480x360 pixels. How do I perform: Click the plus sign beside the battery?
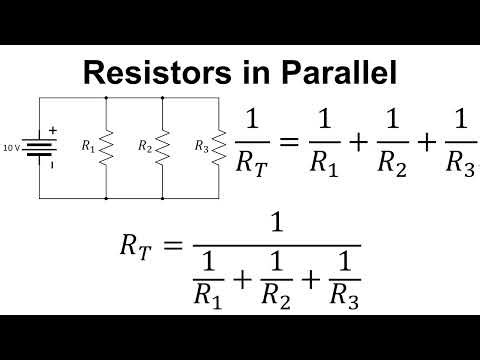pos(54,131)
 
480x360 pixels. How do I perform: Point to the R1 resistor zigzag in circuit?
pos(106,147)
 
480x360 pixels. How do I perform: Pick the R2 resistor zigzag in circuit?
pos(163,147)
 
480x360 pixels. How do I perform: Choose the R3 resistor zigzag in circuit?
pos(219,147)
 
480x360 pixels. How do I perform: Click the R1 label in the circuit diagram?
pos(88,146)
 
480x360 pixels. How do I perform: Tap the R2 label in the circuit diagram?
pos(145,146)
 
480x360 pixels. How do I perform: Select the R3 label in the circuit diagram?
pos(202,146)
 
